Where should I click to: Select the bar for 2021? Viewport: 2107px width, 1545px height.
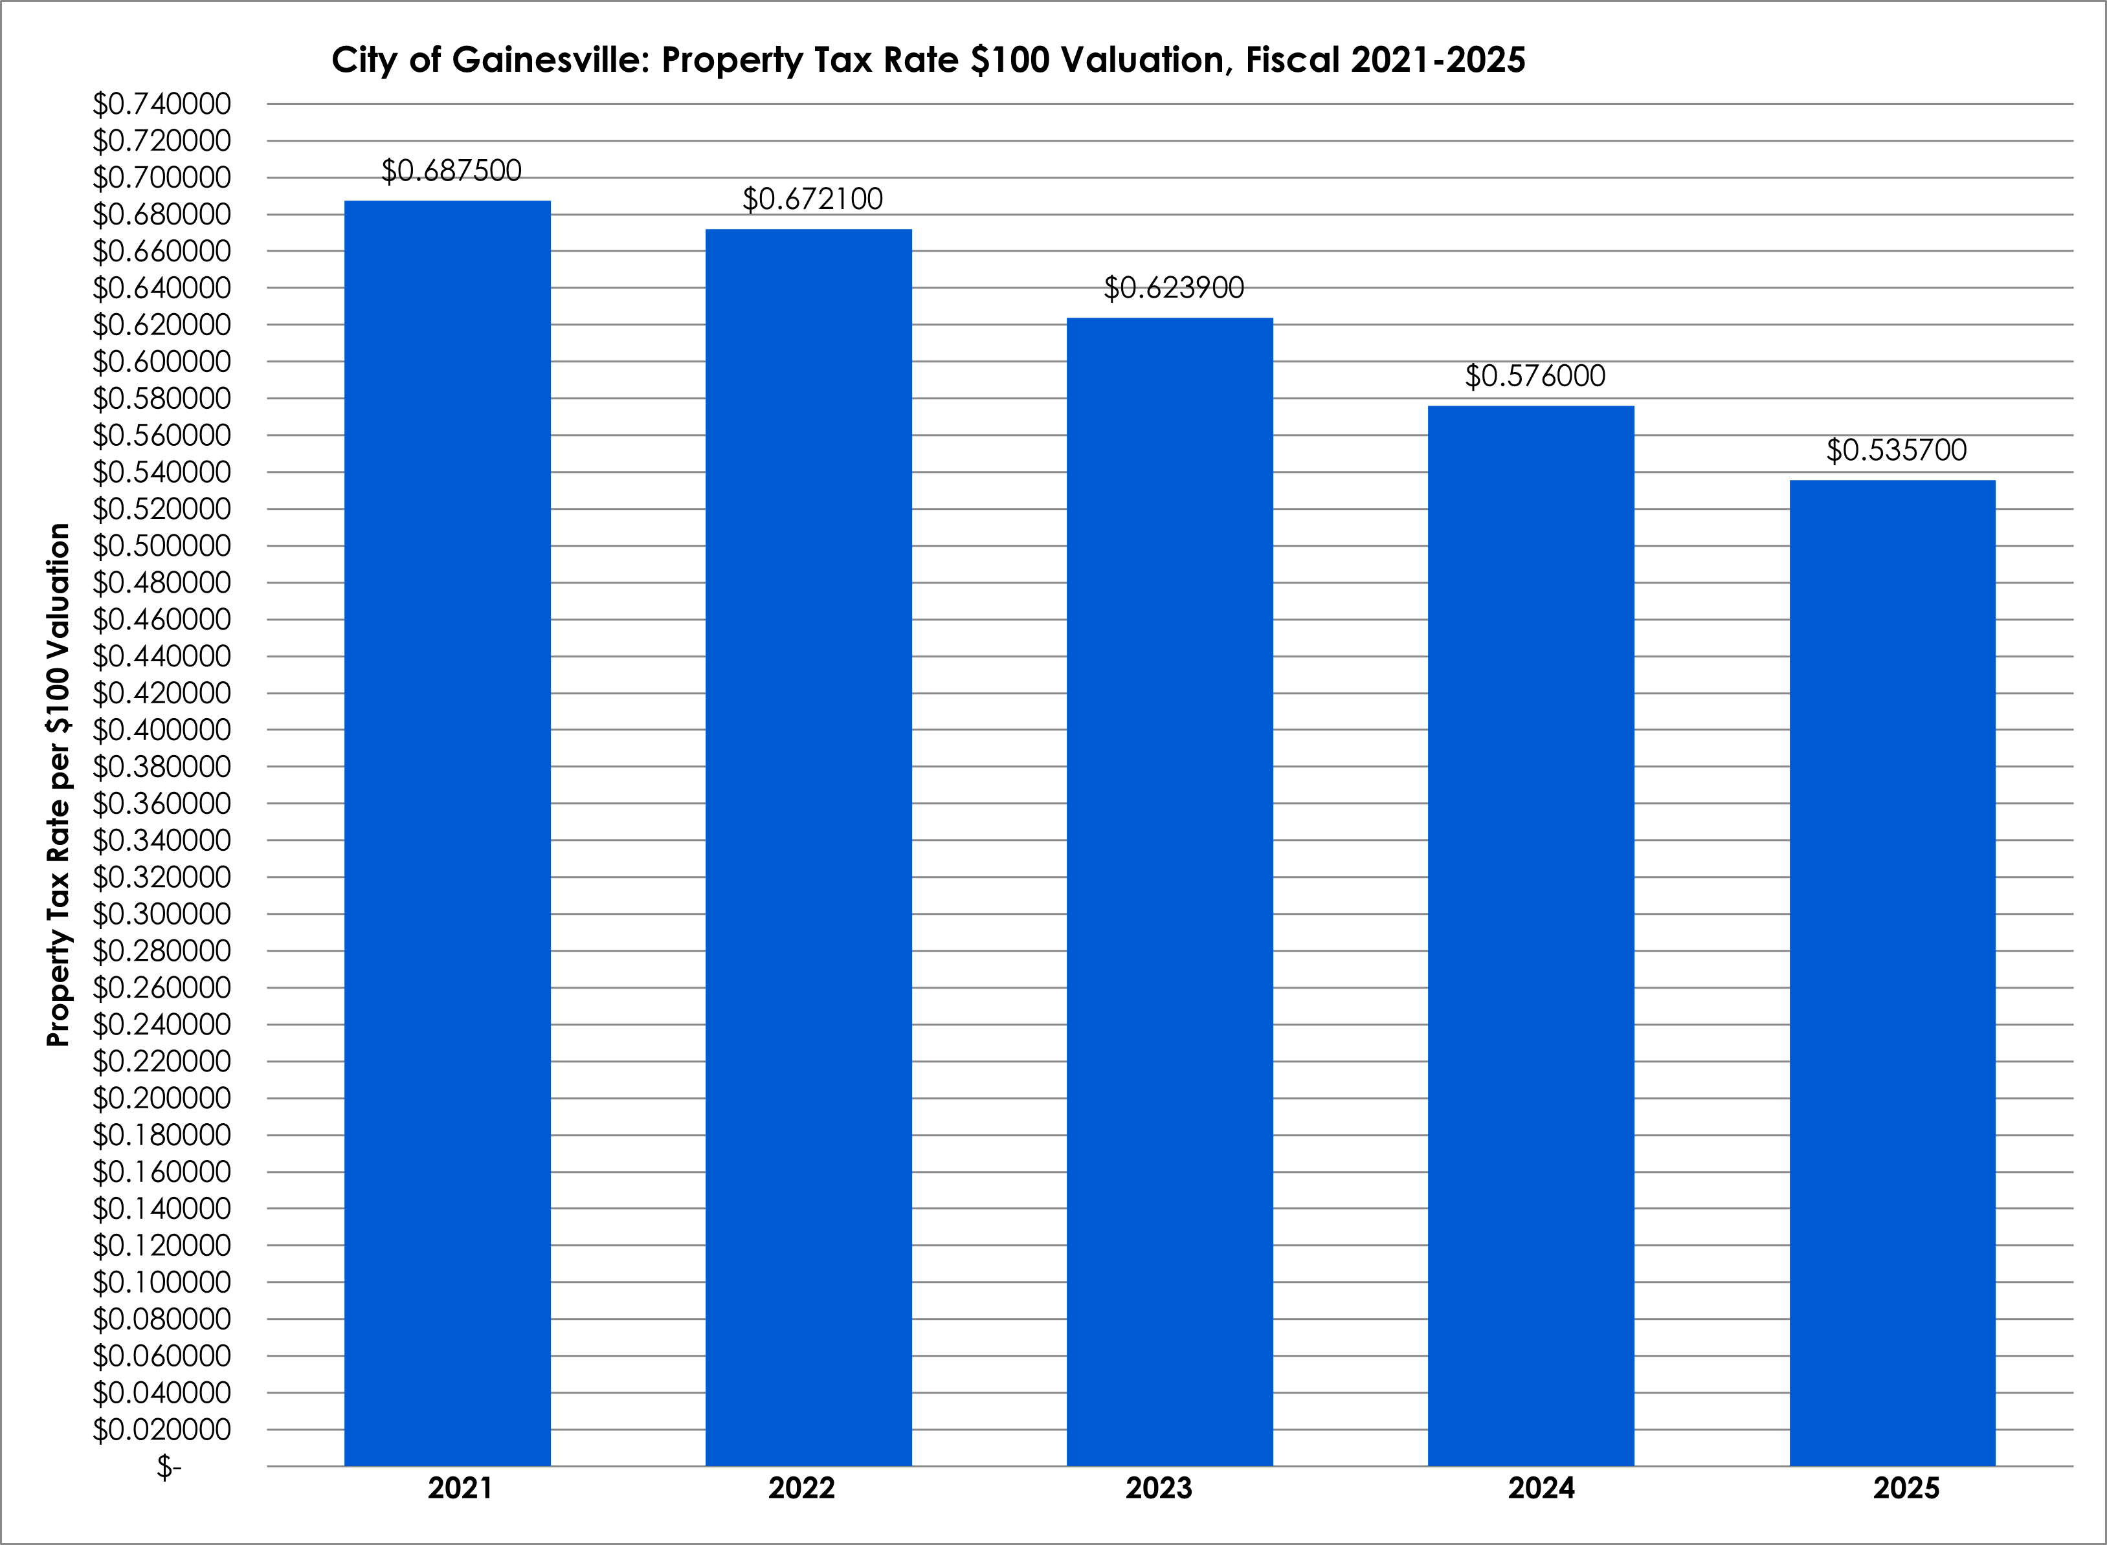447,833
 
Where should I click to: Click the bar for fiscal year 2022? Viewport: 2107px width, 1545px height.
808,846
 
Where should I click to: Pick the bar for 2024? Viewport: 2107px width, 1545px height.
1531,936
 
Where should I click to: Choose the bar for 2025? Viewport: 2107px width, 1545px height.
1892,972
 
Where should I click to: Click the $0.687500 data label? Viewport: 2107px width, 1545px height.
451,171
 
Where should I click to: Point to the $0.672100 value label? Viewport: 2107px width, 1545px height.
812,199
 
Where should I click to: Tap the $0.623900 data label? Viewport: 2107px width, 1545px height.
1174,288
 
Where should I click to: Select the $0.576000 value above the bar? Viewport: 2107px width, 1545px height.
1534,376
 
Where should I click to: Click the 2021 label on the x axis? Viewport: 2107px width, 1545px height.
460,1488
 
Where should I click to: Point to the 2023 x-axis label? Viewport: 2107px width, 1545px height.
1158,1488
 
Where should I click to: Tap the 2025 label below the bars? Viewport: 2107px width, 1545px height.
1906,1488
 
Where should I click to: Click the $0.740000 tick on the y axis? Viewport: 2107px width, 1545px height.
161,104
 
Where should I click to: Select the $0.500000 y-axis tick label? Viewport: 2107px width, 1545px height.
161,546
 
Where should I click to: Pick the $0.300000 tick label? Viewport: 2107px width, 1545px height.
161,914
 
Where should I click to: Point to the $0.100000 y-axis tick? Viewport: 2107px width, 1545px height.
161,1282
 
